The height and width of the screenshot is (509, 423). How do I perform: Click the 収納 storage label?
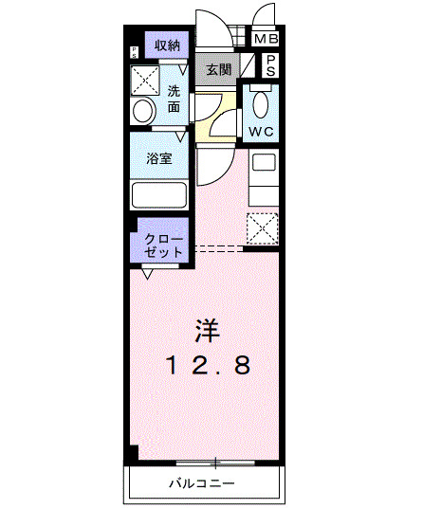point(167,45)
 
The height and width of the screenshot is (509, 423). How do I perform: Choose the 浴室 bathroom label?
point(158,159)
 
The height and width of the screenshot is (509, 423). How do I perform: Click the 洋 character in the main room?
point(207,331)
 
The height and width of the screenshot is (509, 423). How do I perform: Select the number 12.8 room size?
point(211,365)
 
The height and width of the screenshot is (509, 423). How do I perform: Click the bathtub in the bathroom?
point(158,195)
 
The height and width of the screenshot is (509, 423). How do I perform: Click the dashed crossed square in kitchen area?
point(261,227)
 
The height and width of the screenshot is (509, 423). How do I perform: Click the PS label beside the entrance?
point(270,65)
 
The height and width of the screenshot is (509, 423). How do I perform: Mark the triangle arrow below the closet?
point(148,274)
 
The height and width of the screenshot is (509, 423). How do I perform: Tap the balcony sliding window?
point(216,463)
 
